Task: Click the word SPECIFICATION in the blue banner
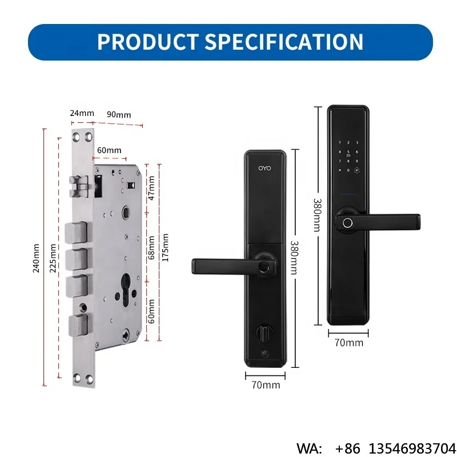[284, 42]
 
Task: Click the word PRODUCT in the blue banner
[148, 42]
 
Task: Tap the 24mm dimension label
[82, 113]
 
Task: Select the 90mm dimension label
[119, 115]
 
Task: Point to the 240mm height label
[36, 258]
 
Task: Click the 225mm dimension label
[53, 258]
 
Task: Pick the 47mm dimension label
[151, 189]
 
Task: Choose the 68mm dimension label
[151, 248]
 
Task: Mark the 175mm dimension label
[165, 247]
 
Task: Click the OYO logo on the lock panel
[264, 168]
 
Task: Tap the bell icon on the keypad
[356, 170]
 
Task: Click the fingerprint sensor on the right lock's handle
[347, 223]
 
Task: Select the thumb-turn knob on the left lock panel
[264, 334]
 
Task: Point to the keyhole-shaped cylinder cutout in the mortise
[126, 290]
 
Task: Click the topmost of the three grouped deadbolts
[77, 232]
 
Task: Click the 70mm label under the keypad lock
[349, 343]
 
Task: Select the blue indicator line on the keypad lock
[348, 194]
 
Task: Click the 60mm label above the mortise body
[109, 150]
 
